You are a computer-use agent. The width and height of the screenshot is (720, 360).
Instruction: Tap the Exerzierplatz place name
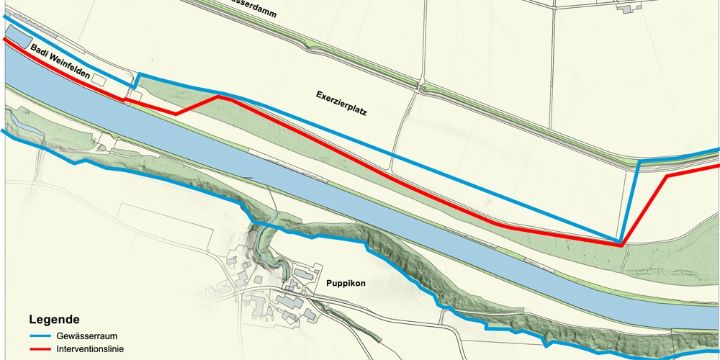[x=342, y=104]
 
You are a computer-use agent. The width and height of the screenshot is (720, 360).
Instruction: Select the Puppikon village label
[x=346, y=283]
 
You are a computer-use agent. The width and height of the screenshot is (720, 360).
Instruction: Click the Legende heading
[x=54, y=319]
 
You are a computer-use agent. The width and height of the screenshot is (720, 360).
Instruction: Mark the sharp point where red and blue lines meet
[x=621, y=244]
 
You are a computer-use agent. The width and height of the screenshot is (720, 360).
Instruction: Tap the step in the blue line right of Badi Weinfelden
[x=136, y=80]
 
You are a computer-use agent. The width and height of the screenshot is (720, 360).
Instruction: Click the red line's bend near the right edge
[x=667, y=176]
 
